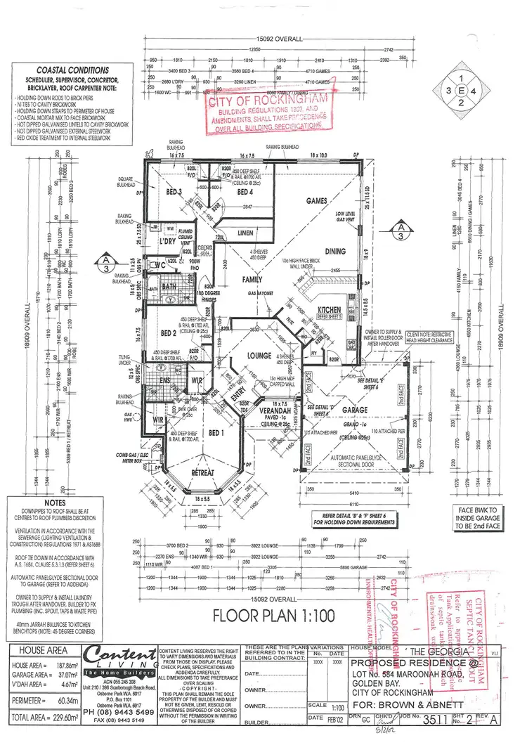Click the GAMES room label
click(x=317, y=201)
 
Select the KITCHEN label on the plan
click(x=330, y=309)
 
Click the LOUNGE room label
click(x=259, y=356)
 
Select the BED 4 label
click(x=245, y=191)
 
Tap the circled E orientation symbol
click(x=462, y=91)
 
